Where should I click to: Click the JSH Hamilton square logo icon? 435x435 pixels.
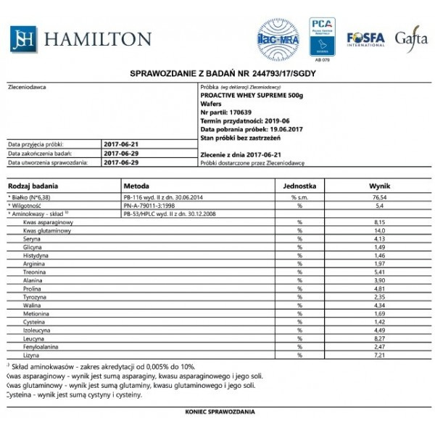pyautogui.click(x=23, y=39)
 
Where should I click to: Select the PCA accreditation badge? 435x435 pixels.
pyautogui.click(x=322, y=37)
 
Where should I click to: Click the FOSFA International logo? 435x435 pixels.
pyautogui.click(x=365, y=38)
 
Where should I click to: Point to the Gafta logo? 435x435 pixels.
pyautogui.click(x=411, y=38)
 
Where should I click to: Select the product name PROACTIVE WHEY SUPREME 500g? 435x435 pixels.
pyautogui.click(x=251, y=95)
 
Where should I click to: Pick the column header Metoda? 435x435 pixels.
pyautogui.click(x=136, y=186)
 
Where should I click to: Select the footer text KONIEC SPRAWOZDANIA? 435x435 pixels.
pyautogui.click(x=220, y=412)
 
